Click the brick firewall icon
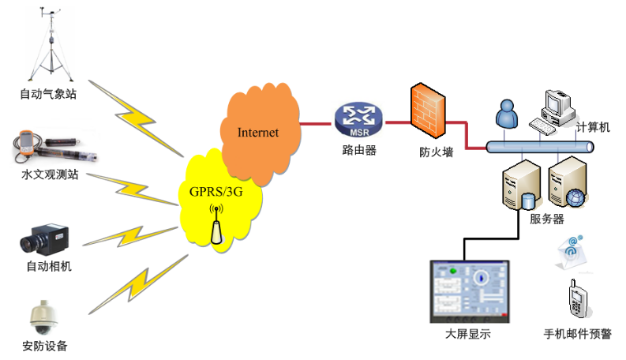tap(426, 114)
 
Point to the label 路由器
tap(354, 149)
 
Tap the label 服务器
tap(546, 218)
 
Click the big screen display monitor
tap(469, 291)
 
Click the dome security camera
tap(44, 317)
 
